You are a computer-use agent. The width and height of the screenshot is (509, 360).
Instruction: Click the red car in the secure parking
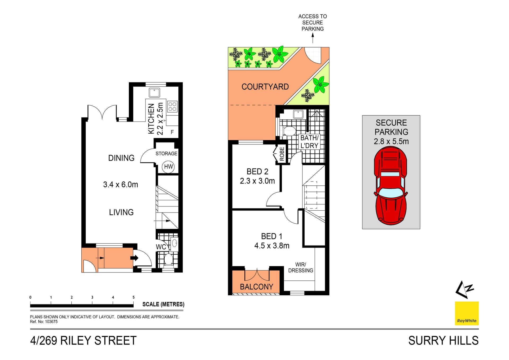coord(390,186)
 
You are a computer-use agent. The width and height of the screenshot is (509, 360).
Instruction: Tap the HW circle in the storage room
coord(168,167)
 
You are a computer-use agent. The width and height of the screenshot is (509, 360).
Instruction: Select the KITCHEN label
coord(151,119)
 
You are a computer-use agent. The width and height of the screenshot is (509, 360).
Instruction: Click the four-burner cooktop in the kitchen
coord(172,107)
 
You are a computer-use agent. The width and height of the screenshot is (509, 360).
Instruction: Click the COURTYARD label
coord(265,87)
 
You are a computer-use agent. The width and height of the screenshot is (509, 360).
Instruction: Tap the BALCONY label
coord(256,287)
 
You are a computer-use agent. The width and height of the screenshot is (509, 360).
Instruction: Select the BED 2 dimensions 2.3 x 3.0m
coord(257,181)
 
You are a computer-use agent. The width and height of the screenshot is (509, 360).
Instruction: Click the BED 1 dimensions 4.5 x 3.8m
coord(272,246)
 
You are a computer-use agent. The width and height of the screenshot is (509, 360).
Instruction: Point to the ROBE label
coord(282,154)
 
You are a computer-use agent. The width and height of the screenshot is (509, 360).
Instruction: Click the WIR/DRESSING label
coord(301,267)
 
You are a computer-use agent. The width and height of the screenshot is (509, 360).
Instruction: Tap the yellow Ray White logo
coord(467,313)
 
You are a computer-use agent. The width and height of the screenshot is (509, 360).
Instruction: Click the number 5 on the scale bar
coord(134,297)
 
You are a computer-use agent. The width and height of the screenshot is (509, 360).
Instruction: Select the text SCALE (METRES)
coord(163,304)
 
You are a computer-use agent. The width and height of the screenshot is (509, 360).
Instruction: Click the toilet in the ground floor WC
coord(168,259)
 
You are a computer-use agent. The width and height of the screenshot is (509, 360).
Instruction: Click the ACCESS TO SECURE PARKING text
coord(313,23)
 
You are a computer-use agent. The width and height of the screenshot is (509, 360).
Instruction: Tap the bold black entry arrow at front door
coord(134,258)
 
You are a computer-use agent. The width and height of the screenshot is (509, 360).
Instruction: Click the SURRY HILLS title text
coord(443,341)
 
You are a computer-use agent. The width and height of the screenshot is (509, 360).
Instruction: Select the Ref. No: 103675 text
coord(44,322)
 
